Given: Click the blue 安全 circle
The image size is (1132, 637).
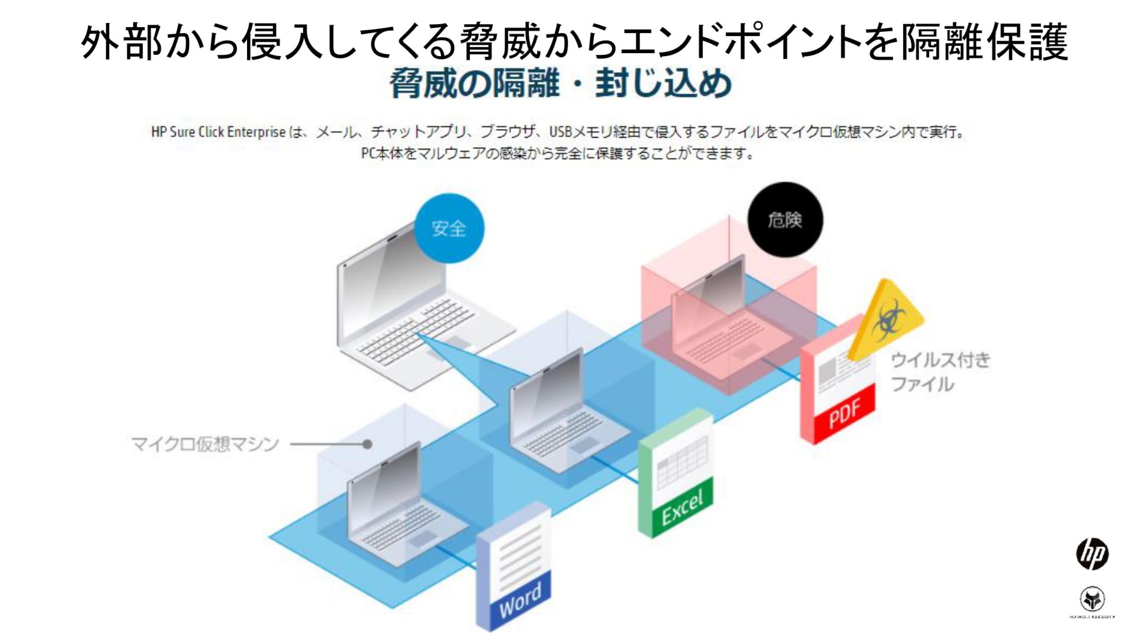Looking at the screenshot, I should coord(449,228).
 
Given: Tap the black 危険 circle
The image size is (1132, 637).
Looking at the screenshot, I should coord(785,219).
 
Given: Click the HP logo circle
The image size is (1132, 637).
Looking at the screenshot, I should coord(1092,554).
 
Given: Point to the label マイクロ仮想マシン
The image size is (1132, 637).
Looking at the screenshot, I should coord(205,444).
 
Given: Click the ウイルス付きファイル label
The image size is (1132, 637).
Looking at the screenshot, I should coord(940,372).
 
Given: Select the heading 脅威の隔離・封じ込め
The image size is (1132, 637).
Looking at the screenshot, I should coord(560,83).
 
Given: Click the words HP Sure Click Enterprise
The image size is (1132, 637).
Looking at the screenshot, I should coord(218,132).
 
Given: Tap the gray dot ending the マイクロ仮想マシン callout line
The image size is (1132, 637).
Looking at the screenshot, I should coord(367,444).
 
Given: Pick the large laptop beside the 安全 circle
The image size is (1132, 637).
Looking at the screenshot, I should coord(413,307).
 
